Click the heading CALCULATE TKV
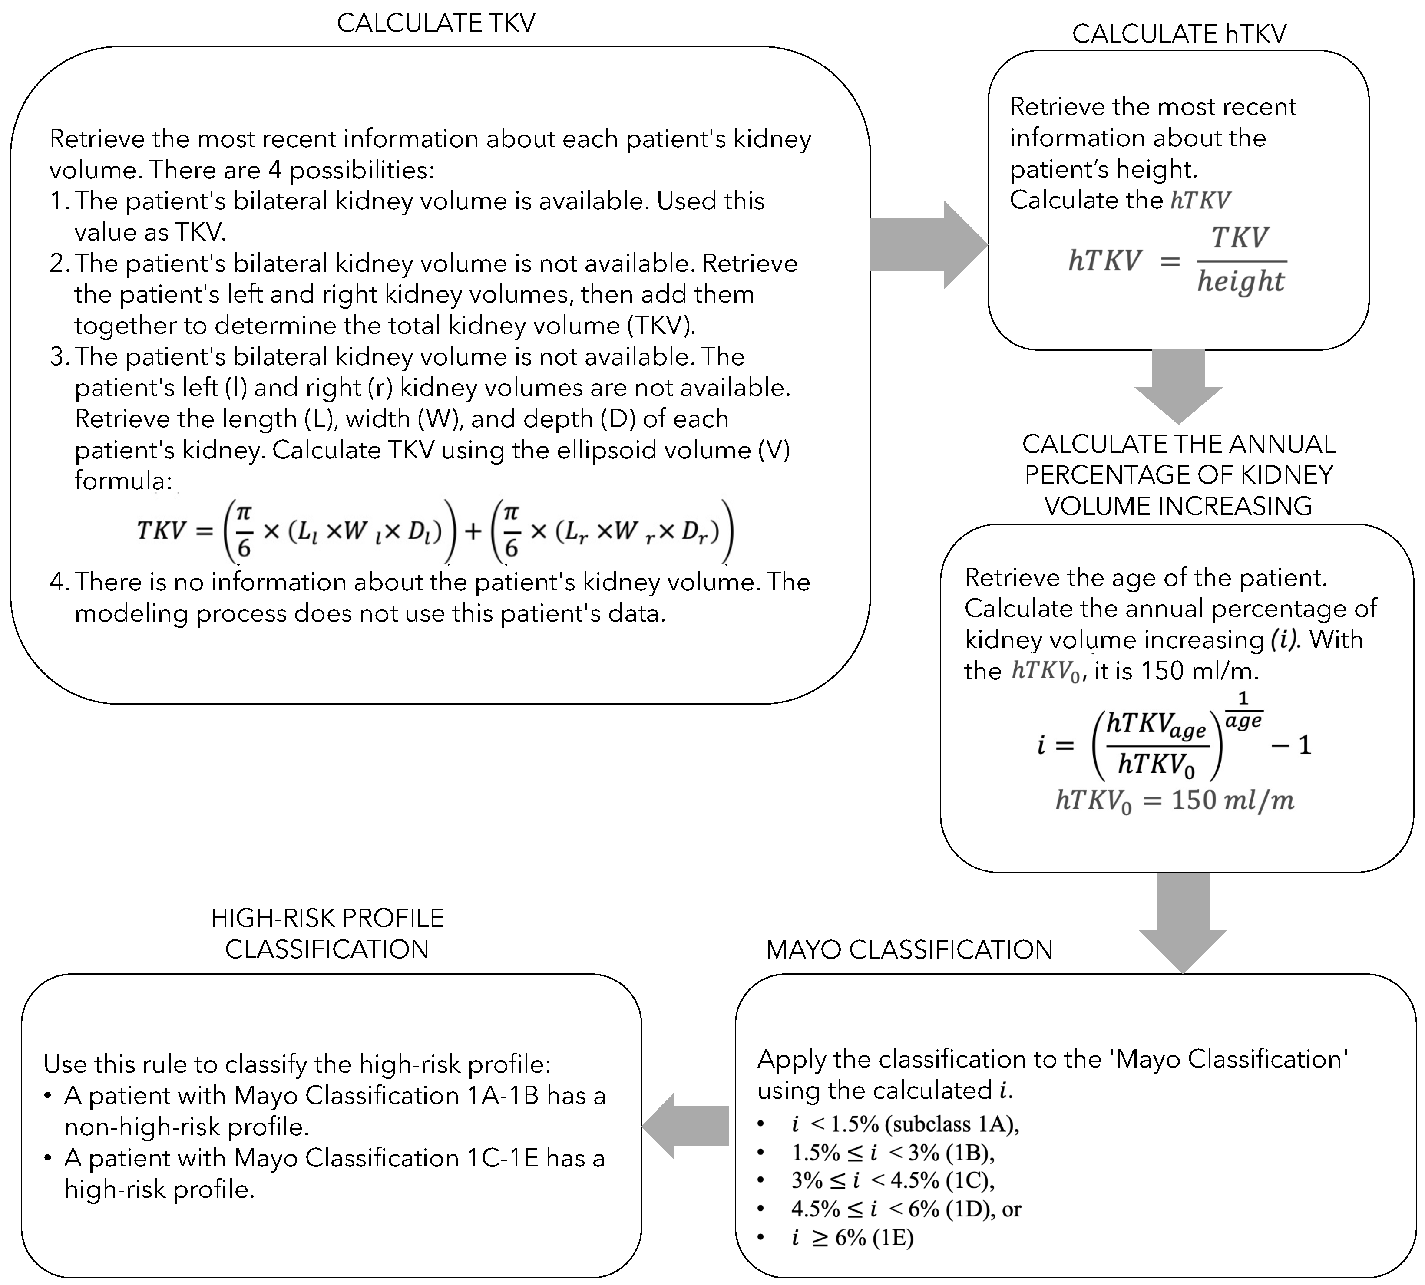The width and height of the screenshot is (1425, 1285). click(436, 23)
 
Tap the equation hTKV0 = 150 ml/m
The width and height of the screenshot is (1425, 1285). click(1174, 801)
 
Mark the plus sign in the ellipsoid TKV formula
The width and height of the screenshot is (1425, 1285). click(473, 530)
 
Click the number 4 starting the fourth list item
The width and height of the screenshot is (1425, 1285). click(56, 582)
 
